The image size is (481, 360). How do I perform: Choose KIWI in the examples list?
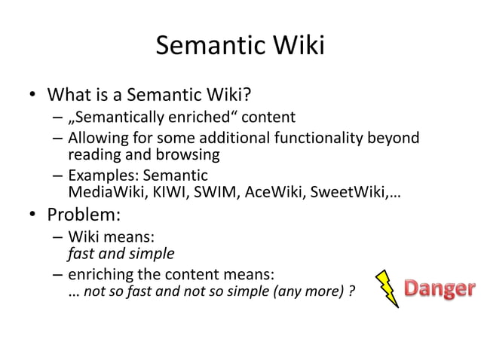(x=155, y=193)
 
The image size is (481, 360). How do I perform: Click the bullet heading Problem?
(x=84, y=215)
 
